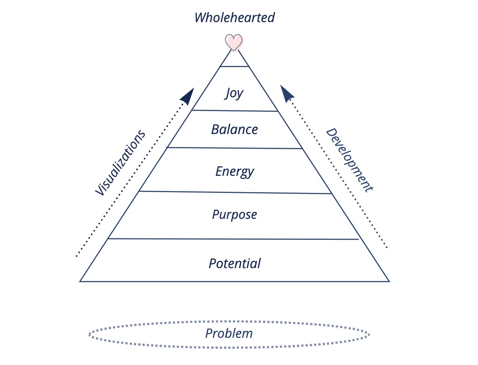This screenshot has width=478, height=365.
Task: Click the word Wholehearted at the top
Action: point(235,18)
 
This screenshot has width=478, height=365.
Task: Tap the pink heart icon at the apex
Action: point(234,42)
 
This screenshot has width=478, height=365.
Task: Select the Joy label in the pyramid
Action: point(234,93)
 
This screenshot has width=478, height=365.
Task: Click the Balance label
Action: point(235,129)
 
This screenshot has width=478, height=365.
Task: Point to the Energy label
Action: point(235,172)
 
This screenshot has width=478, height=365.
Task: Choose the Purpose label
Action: point(235,215)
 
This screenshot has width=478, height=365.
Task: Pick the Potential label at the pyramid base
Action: point(235,264)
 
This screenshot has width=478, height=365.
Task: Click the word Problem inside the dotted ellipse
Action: point(229,333)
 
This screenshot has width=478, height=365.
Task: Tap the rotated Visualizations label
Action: point(120,162)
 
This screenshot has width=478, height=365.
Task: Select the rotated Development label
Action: point(349,160)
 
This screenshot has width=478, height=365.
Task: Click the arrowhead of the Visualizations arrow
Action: point(188,96)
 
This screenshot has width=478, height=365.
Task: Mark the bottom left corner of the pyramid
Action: point(80,281)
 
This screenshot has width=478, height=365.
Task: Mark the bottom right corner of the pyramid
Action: point(390,281)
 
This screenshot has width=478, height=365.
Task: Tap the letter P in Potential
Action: point(213,264)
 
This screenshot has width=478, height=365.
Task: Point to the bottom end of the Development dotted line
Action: point(387,248)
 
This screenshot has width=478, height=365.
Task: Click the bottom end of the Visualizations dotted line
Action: point(76,256)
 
